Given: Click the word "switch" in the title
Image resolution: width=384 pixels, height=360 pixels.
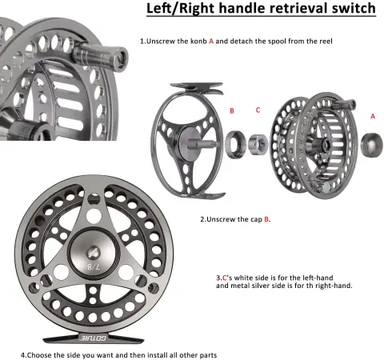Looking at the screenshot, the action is [x=354, y=8].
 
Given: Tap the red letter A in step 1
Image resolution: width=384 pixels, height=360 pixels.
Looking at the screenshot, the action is [x=211, y=42].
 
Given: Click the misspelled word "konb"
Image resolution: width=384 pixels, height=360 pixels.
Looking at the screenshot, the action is [x=198, y=42].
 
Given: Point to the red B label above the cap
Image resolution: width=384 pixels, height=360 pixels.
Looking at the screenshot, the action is [x=232, y=110].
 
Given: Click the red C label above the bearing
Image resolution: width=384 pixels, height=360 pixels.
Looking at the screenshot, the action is [x=258, y=110].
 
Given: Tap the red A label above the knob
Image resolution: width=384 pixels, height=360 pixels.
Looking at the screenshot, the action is [x=373, y=116].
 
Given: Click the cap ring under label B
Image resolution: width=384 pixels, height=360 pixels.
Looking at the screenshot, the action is [x=235, y=144].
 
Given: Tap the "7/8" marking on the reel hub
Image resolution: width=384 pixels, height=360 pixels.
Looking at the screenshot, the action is [x=94, y=266].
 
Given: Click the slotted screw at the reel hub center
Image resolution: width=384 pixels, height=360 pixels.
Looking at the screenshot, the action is [x=94, y=253].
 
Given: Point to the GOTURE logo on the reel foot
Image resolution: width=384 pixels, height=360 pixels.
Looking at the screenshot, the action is [x=94, y=338].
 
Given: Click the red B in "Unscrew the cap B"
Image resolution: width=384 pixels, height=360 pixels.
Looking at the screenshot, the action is [x=266, y=219].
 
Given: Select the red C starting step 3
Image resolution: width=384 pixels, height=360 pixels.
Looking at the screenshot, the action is [x=225, y=278].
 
